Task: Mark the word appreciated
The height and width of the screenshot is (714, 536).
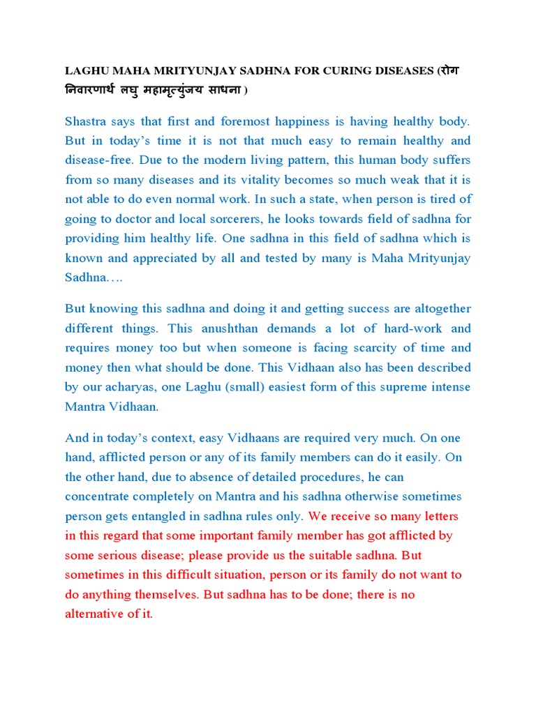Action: tap(165, 258)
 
